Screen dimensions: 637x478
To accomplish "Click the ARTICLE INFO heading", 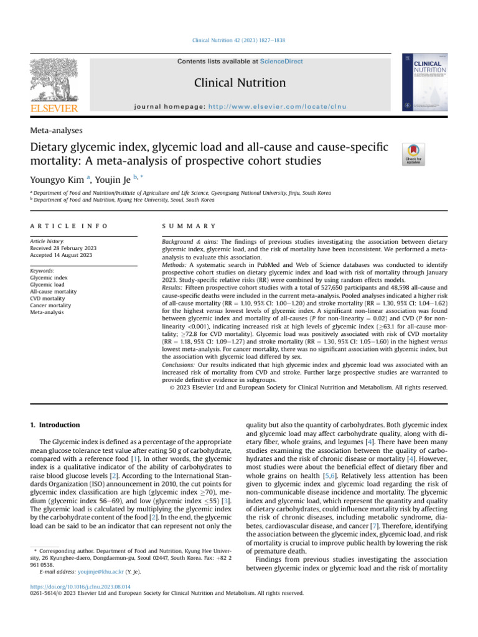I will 68,226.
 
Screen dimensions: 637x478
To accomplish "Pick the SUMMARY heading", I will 189,226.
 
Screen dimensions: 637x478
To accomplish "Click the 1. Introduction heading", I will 55,425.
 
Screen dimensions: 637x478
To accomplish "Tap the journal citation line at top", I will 239,41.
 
